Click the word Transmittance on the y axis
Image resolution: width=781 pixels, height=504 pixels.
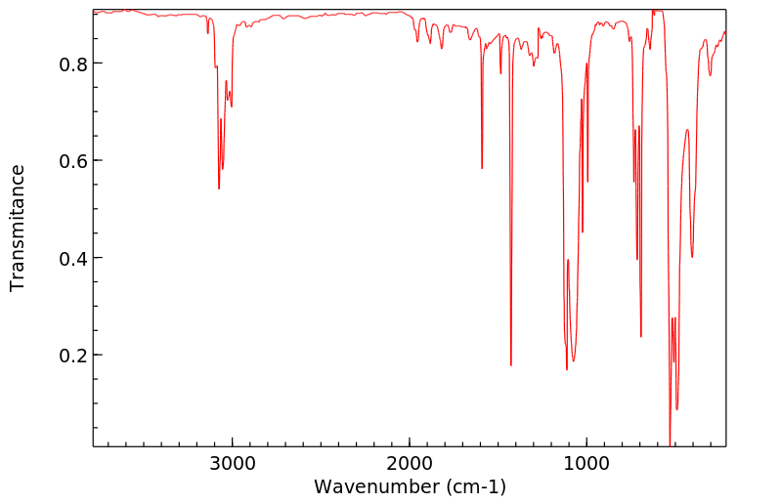(x=18, y=228)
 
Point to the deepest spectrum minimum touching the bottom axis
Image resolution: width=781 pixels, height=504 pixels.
(x=670, y=444)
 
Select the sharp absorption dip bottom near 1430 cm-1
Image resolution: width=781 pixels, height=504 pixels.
(x=511, y=365)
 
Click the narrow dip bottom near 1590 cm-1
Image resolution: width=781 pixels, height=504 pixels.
(x=482, y=169)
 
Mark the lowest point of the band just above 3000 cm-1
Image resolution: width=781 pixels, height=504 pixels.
(x=219, y=189)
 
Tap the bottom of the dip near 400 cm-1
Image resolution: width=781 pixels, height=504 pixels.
(x=692, y=257)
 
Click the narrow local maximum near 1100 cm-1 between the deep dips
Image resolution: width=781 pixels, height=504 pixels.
(x=568, y=260)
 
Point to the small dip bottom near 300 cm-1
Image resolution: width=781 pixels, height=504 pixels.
(x=711, y=75)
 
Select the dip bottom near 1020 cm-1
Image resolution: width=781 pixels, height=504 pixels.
(x=583, y=231)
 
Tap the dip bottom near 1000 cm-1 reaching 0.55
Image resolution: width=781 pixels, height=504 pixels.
(x=587, y=182)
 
